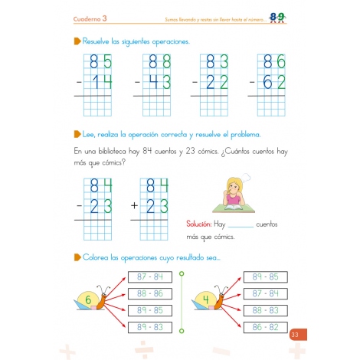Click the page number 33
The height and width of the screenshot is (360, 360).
(295, 333)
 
